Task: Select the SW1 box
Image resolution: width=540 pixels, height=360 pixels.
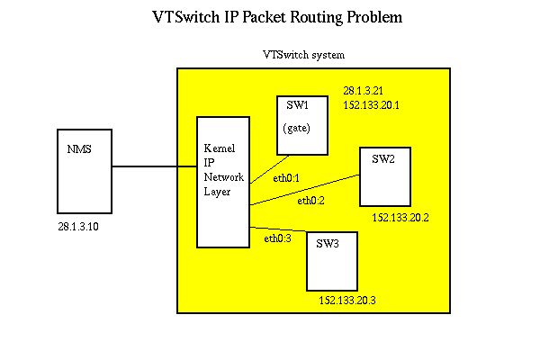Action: click(x=302, y=126)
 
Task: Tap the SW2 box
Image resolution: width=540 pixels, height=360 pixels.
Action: click(x=385, y=175)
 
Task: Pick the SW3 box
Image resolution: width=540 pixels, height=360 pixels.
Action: click(x=331, y=261)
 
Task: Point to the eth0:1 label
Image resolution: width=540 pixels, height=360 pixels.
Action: click(x=286, y=178)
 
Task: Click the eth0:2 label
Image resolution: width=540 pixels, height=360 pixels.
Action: click(x=310, y=200)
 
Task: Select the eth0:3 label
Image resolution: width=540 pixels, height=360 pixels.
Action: click(x=277, y=238)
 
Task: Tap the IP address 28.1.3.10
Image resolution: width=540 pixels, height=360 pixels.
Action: click(x=77, y=227)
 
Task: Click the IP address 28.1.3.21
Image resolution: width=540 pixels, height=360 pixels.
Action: click(x=364, y=91)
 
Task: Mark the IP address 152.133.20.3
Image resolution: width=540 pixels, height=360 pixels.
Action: click(x=346, y=301)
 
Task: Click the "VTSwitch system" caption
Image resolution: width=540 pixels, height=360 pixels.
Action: click(x=303, y=55)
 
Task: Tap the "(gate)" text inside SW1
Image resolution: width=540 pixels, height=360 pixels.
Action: click(x=296, y=128)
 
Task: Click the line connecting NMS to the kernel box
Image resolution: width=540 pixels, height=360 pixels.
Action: click(x=154, y=166)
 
